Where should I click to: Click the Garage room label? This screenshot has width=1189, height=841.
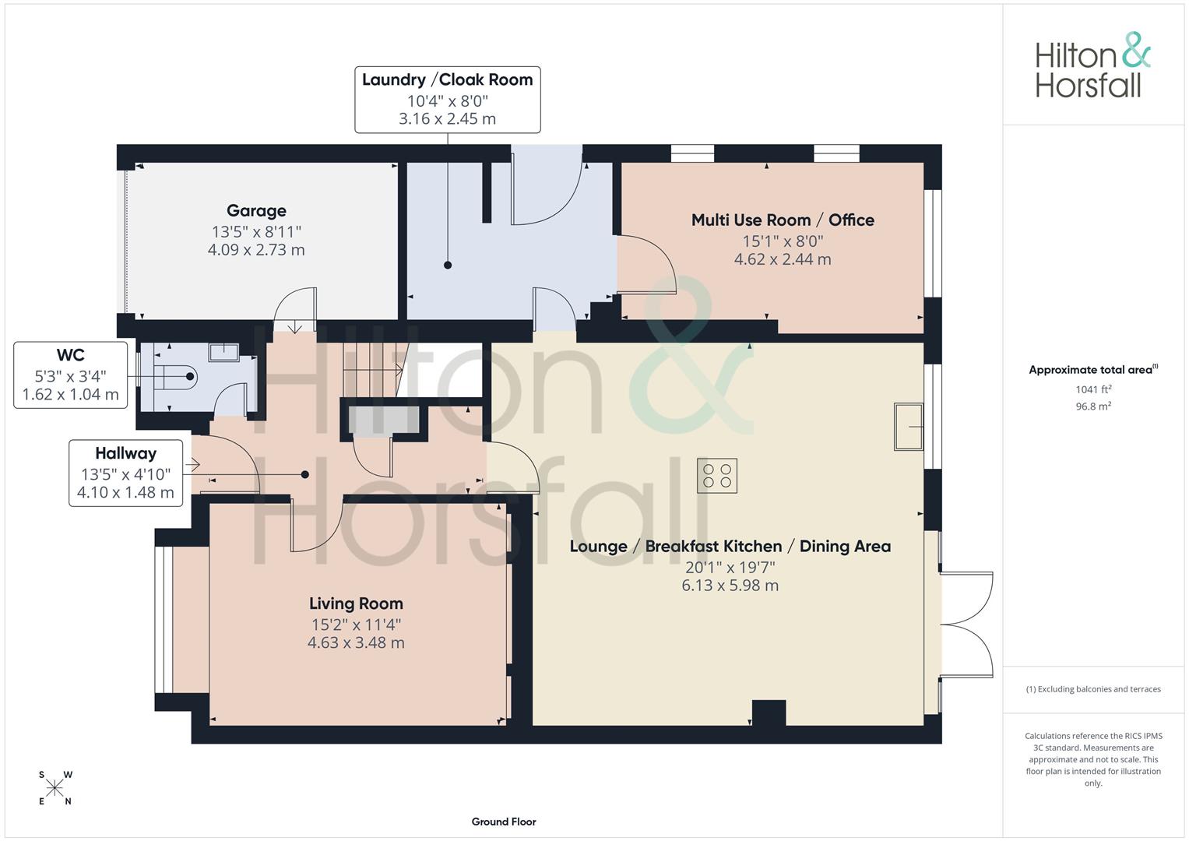pos(256,211)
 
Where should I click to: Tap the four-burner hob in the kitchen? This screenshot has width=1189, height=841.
pos(717,476)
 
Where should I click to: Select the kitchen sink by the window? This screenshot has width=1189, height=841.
pos(909,427)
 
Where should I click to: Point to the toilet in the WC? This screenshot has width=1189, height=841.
pos(176,377)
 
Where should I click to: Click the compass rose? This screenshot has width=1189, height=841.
pos(55,788)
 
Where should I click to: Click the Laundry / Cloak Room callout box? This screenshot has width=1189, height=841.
pos(448,100)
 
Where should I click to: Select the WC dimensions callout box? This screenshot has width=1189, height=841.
pos(71,375)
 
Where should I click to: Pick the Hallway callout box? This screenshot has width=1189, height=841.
pos(126,473)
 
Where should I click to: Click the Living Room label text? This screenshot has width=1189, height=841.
pos(356,603)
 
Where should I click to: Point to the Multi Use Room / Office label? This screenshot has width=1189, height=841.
pos(783,220)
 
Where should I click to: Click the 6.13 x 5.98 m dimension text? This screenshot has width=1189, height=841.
pos(730,586)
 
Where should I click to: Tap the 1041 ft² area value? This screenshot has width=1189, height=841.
pos(1093,389)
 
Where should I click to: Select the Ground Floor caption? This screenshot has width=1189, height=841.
pos(504,822)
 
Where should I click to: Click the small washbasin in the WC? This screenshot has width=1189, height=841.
pos(223,353)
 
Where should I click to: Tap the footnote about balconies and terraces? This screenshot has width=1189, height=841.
pos(1093,689)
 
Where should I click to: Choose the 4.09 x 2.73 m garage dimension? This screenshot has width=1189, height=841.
pos(256,250)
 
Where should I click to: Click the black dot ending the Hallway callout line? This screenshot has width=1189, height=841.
pos(305,475)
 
